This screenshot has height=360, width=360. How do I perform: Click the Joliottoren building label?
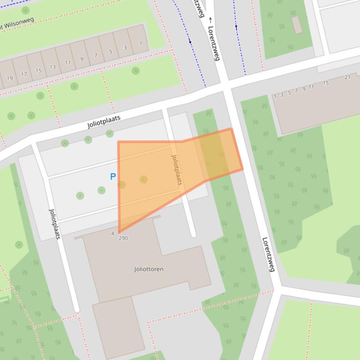tap(148, 269)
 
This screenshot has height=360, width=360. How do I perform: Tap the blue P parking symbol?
tap(113, 177)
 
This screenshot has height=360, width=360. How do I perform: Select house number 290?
tap(123, 238)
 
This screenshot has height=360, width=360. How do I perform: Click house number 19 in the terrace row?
tap(10, 78)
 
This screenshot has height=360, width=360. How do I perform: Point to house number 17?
tap(24, 74)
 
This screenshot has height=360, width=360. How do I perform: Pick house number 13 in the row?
tap(52, 67)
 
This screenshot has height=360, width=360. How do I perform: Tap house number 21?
tap(347, 77)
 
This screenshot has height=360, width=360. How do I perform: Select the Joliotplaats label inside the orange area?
tap(176, 170)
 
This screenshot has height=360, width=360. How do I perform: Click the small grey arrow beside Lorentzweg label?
tap(211, 20)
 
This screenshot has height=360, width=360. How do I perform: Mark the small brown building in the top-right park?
tap(297, 25)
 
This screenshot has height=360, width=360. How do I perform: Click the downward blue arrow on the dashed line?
tap(190, 42)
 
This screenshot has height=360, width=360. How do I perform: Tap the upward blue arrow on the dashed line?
tap(236, 27)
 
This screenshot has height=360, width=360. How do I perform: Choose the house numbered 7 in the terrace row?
tap(96, 56)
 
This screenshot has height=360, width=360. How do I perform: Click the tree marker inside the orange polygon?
tap(144, 180)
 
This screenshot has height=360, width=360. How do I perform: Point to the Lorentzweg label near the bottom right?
tap(267, 254)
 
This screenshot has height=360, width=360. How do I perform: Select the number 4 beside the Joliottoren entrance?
tap(113, 233)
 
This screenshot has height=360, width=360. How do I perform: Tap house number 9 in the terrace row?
tap(82, 59)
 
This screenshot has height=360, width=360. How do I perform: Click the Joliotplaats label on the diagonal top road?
tap(104, 122)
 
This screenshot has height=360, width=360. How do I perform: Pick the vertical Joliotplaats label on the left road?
tap(55, 224)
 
